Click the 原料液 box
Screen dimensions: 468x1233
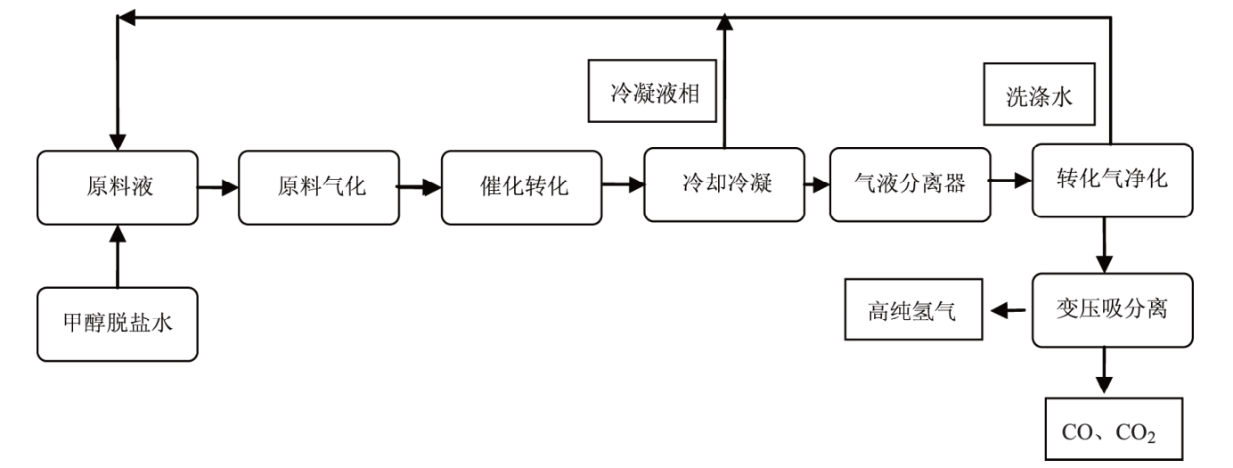(x=117, y=188)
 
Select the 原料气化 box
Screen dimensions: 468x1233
(x=318, y=188)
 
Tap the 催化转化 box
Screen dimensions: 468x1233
(x=521, y=188)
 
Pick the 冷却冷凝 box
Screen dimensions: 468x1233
(x=723, y=185)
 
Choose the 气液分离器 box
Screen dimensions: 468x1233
(x=910, y=185)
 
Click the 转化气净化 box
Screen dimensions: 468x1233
(x=1111, y=179)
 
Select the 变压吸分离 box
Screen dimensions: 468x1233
(x=1111, y=311)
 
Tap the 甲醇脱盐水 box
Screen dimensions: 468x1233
(x=117, y=324)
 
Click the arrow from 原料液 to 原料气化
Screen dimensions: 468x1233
(x=217, y=188)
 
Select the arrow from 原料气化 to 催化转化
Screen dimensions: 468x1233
(x=419, y=188)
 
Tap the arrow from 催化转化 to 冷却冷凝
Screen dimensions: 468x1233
(x=622, y=185)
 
